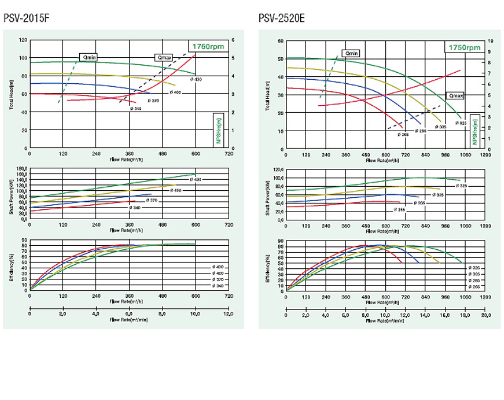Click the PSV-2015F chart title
pyautogui.click(x=27, y=18)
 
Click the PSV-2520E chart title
pyautogui.click(x=282, y=18)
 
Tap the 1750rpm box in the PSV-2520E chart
pyautogui.click(x=464, y=47)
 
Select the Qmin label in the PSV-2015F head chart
pyautogui.click(x=89, y=57)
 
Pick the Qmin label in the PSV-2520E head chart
pyautogui.click(x=352, y=53)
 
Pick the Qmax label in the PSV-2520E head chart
pyautogui.click(x=456, y=95)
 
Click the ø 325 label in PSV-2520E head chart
pyautogui.click(x=461, y=122)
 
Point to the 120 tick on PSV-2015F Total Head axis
pyautogui.click(x=24, y=40)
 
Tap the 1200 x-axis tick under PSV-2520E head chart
pyautogui.click(x=485, y=155)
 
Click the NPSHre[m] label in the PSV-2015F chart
pyautogui.click(x=219, y=131)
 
